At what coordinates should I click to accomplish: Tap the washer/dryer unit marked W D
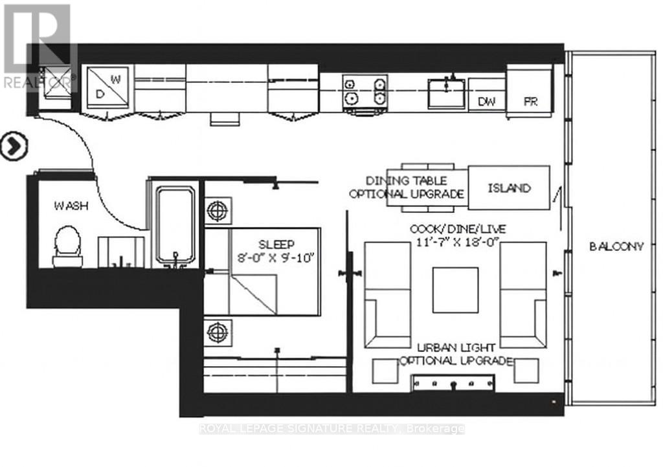[x=107, y=89]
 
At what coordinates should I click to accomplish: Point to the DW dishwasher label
[x=486, y=102]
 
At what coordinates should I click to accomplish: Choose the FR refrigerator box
[x=530, y=102]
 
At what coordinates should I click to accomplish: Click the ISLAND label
[x=509, y=188]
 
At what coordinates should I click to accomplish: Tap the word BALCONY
[x=616, y=246]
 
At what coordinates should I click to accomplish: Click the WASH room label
[x=71, y=206]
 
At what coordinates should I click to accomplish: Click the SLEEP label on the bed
[x=276, y=244]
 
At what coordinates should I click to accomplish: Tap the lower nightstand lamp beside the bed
[x=217, y=332]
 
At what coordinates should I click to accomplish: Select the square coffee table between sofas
[x=455, y=289]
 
